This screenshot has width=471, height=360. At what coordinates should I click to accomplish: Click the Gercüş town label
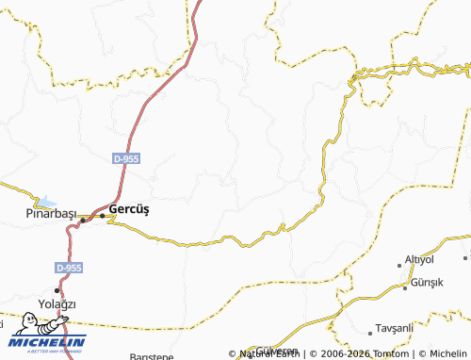130,208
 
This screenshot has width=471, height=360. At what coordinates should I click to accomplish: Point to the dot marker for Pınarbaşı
83,221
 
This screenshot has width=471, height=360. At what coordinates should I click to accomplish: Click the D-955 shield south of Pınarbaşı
68,268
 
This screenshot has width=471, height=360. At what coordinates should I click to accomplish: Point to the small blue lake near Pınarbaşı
44,202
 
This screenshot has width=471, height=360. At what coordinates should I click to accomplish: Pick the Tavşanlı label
395,328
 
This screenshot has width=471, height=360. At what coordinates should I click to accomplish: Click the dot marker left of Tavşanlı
369,332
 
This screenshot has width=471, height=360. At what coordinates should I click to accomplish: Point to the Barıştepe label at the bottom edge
151,357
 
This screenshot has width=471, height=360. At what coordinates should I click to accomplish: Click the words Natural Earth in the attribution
268,353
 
